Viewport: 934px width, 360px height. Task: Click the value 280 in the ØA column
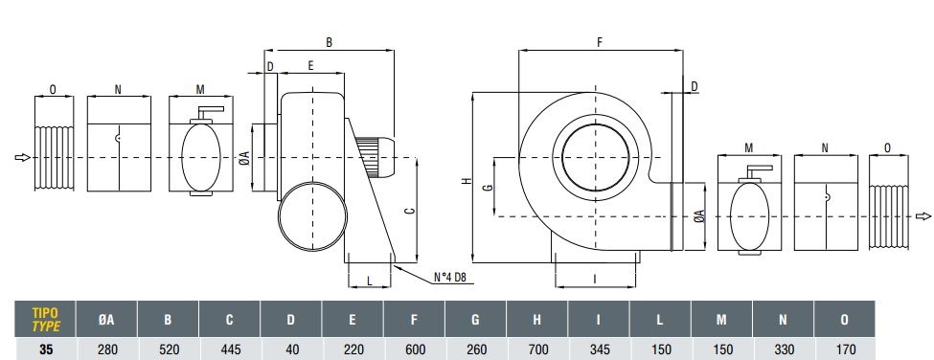pos(106,349)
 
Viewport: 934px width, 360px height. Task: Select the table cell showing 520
pos(168,349)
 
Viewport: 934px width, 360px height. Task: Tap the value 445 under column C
pos(229,349)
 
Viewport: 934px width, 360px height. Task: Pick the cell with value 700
pos(536,349)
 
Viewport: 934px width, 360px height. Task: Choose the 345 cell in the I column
pos(598,349)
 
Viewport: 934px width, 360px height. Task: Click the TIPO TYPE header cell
pos(45,320)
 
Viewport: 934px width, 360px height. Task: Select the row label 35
pos(46,349)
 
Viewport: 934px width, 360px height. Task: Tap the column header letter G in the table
pos(475,320)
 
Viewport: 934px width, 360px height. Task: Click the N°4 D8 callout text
pos(449,278)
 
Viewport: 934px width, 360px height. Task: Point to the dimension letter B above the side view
pos(329,42)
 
